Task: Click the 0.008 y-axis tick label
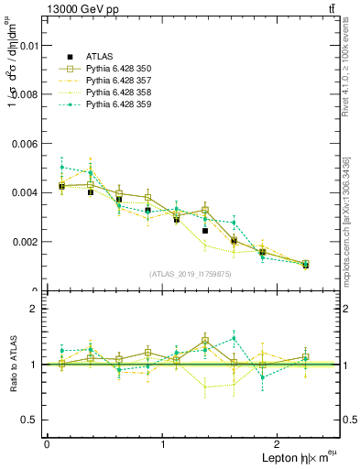coord(25,93)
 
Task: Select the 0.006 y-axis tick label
coord(25,143)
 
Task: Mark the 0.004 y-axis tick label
coord(25,192)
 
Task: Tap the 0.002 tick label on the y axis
coord(25,242)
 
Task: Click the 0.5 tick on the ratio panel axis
coord(31,420)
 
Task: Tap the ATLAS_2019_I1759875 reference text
coord(191,274)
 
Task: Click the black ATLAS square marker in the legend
coord(62,56)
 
